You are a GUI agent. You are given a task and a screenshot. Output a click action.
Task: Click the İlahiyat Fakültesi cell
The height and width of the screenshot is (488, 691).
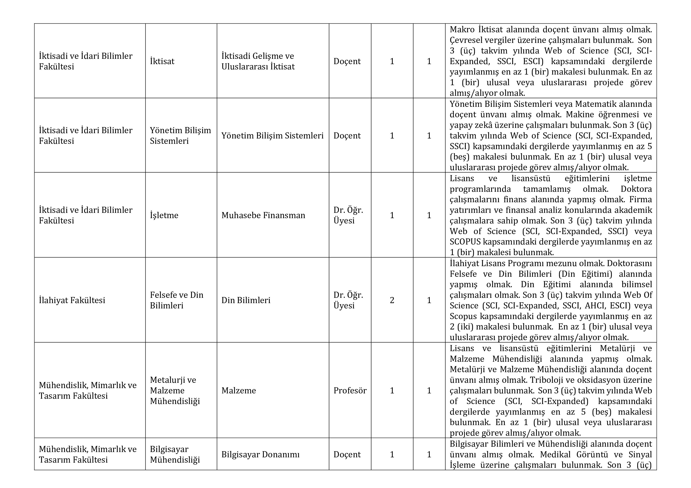pos(72,300)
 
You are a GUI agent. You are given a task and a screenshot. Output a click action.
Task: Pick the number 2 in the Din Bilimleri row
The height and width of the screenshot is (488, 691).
pos(392,300)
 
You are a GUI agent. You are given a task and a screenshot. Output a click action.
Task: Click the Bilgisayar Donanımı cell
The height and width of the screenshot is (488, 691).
pos(260,454)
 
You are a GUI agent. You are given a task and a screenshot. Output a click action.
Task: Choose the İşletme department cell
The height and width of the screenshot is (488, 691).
pos(164,215)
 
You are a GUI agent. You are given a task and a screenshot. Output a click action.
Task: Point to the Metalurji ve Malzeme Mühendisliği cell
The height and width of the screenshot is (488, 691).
pos(175,390)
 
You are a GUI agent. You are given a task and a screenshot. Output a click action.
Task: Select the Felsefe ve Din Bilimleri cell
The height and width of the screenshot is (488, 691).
pos(177,300)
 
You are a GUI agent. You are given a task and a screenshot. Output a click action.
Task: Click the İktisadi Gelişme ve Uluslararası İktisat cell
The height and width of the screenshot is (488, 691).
pos(258,61)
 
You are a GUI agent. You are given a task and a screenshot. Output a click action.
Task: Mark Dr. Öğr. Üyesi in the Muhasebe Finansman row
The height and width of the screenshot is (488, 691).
pos(348,215)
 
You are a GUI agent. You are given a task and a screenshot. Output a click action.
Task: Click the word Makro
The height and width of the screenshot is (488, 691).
pos(462,30)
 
